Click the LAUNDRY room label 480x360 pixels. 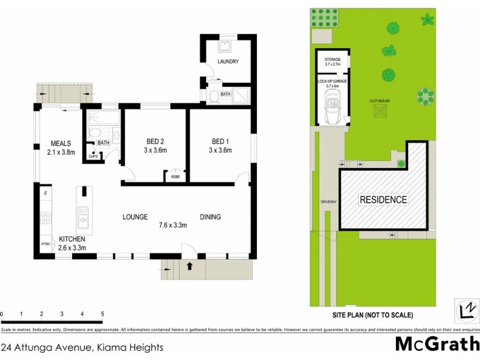coord(228,61)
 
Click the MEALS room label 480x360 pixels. coord(61,143)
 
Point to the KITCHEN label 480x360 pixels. coord(71,239)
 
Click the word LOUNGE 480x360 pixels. coord(135,217)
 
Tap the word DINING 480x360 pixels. coord(210,217)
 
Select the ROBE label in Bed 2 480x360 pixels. coord(175,177)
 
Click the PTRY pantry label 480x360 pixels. coord(45,244)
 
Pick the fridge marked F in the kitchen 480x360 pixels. coord(45,193)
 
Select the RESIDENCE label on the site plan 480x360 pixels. coord(383,199)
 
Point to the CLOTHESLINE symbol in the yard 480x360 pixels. coord(381,112)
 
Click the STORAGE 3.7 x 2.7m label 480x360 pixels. coord(332,62)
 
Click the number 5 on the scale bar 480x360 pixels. coord(103,314)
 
